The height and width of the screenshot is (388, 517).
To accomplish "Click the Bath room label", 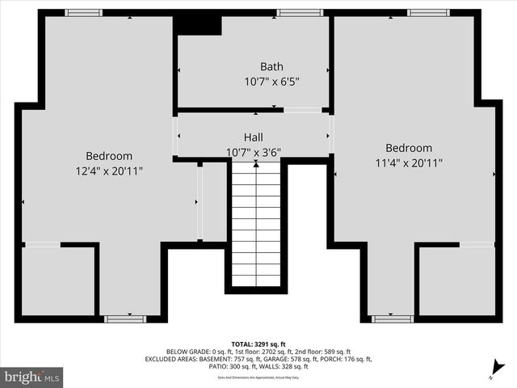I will click(271, 66).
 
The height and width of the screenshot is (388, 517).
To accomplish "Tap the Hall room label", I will click(254, 137).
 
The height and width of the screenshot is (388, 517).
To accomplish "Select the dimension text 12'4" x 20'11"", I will click(109, 171).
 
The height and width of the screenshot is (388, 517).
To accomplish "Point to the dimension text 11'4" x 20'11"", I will click(408, 162).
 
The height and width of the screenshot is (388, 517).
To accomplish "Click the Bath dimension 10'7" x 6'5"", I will click(271, 81).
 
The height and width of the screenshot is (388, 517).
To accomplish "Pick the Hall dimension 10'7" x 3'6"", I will click(254, 151).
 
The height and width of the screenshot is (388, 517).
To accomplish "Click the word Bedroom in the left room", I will click(109, 155).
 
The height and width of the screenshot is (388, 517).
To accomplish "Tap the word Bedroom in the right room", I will click(408, 148).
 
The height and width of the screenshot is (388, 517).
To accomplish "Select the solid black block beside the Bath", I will click(198, 24).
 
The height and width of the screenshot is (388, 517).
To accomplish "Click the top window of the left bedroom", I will click(83, 13).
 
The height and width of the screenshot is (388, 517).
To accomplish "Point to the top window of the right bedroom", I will click(427, 13).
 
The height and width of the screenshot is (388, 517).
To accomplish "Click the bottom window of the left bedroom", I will click(125, 318).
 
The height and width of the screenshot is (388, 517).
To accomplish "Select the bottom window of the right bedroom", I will click(393, 318).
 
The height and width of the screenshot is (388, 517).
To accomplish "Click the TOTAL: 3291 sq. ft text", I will click(258, 343).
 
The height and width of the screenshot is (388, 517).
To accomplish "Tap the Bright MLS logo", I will click(32, 376).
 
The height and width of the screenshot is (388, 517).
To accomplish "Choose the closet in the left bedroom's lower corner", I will click(57, 280).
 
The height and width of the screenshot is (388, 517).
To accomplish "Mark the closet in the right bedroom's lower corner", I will click(456, 280).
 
